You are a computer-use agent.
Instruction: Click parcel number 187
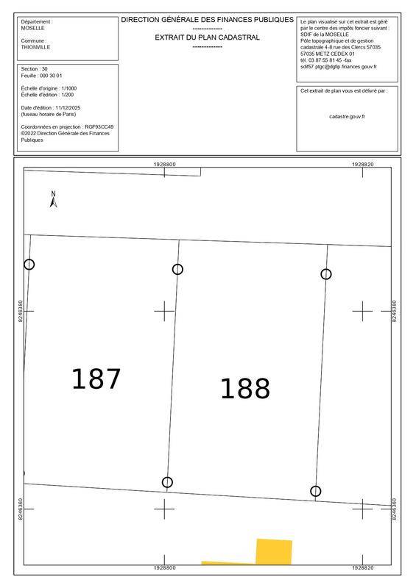[96, 379]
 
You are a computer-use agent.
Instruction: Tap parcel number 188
[245, 389]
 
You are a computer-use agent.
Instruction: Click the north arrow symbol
[53, 199]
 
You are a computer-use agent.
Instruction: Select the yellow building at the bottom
[274, 552]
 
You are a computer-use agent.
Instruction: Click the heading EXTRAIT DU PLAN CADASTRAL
[207, 37]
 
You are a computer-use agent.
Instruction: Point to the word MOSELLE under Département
[32, 28]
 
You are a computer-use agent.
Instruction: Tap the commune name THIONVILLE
[35, 47]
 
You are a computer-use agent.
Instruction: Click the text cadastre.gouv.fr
[347, 117]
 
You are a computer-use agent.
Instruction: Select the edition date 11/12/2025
[68, 108]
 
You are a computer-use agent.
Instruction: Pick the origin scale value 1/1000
[69, 88]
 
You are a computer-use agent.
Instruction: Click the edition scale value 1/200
[68, 95]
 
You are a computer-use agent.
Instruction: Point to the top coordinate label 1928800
[164, 164]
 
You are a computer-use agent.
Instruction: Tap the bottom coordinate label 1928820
[363, 567]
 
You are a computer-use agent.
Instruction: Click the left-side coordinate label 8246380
[21, 311]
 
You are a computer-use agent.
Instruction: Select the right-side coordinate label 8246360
[394, 509]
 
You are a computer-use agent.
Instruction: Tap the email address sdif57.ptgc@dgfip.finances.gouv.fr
[338, 67]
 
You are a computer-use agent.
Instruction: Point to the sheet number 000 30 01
[53, 76]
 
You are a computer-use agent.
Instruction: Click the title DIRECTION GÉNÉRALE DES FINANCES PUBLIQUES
[207, 20]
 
